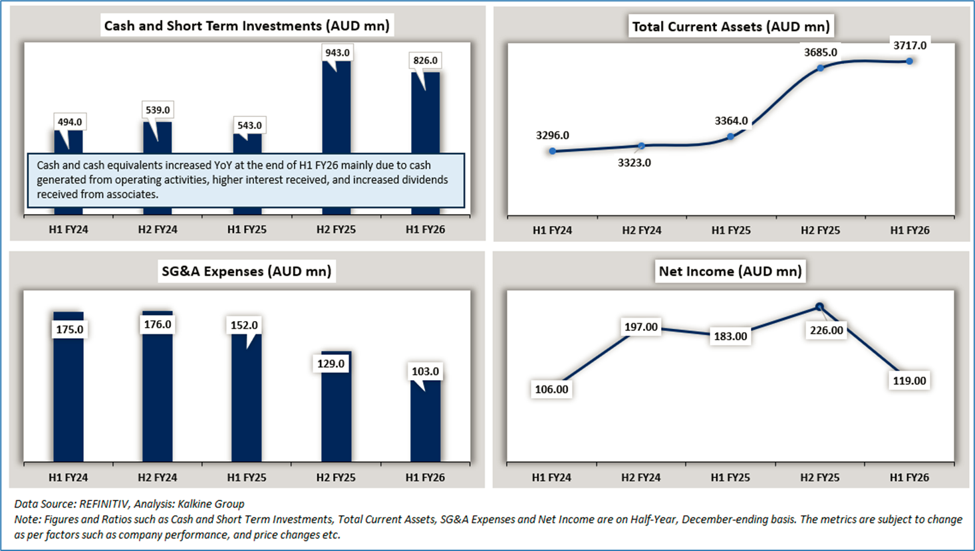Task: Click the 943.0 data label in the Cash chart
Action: [337, 53]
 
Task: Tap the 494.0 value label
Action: [70, 122]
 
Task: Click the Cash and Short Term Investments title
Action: [246, 26]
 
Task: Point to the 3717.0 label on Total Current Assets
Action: [910, 45]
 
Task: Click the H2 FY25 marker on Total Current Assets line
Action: [821, 68]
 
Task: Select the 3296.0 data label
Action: [553, 135]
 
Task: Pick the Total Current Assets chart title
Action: [730, 27]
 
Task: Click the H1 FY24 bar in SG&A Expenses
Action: [69, 399]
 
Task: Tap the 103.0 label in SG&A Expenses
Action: [425, 371]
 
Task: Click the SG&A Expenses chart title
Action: [246, 271]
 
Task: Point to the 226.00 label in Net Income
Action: [826, 330]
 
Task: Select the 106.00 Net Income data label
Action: [552, 389]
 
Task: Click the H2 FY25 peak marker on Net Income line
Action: [819, 306]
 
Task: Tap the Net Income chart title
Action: [730, 271]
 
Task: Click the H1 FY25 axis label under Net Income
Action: [730, 477]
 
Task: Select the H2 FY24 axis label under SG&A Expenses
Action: [158, 477]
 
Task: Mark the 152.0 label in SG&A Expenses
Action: [244, 325]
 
